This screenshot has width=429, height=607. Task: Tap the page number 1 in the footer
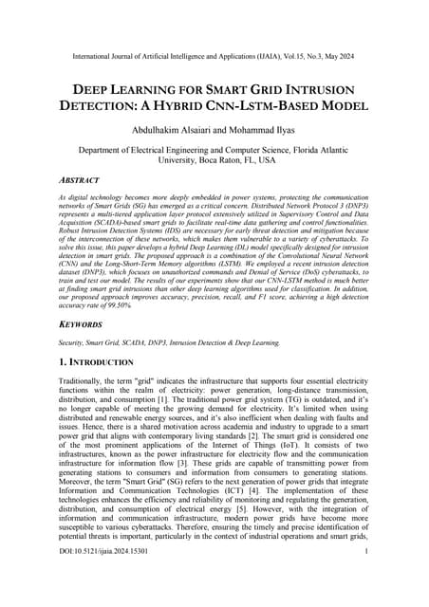[365, 575]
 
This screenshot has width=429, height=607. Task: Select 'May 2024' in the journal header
[336, 43]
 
